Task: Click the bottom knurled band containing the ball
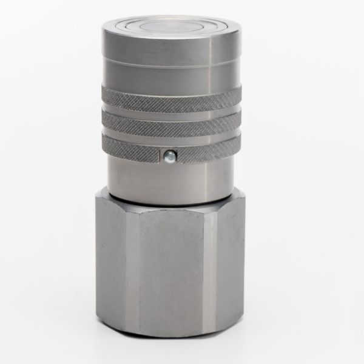(200, 146)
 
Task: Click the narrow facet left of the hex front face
(132, 273)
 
